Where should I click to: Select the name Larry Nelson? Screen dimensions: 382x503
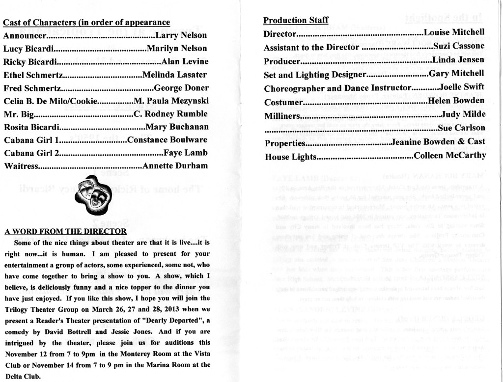(181, 36)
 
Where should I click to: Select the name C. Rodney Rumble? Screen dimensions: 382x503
(171, 114)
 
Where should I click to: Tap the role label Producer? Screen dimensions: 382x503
(281, 61)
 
